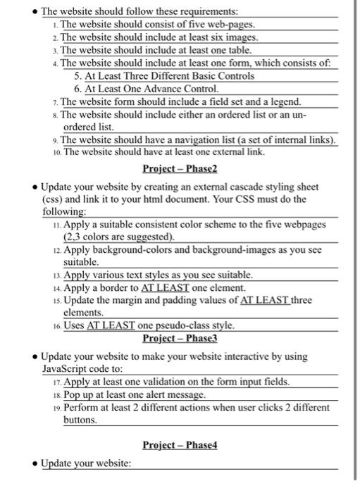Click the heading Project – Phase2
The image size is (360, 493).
click(x=180, y=169)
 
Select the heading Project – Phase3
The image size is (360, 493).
click(x=180, y=338)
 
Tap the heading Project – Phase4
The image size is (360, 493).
click(x=180, y=445)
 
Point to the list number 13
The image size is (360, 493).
click(x=56, y=275)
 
